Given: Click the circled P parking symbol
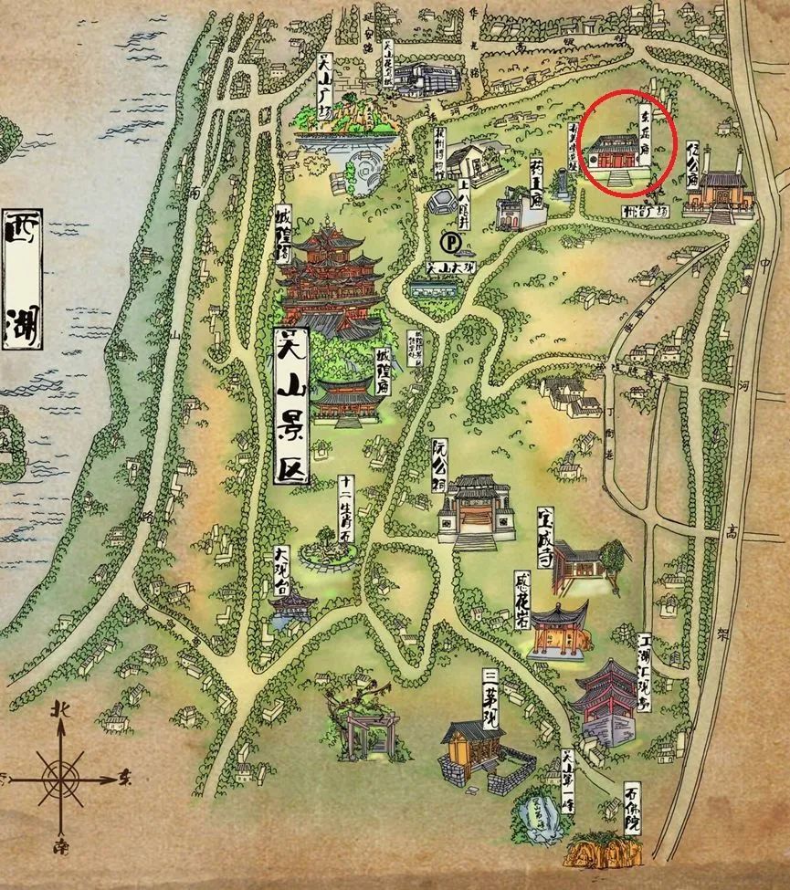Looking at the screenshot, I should click(450, 243).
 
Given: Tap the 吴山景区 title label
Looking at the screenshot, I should click(293, 403).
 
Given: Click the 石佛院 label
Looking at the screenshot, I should click(633, 808).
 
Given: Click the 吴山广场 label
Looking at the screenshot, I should click(323, 81).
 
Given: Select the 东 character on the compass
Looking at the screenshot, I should click(126, 779).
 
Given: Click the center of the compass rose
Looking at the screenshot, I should click(61, 779).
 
